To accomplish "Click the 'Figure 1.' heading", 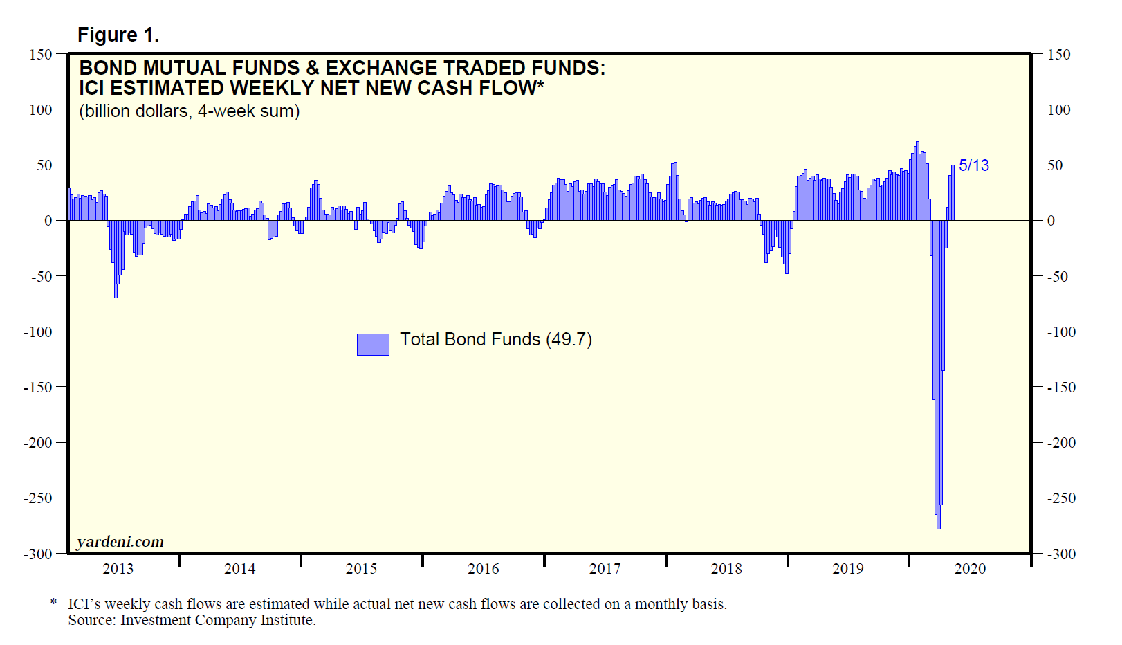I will click(118, 35).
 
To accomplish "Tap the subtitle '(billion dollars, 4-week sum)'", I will click(189, 111).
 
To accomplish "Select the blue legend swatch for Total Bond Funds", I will click(372, 344).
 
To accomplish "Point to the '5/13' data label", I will click(973, 165).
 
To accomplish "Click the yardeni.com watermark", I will click(120, 542).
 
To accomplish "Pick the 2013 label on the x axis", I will click(118, 569).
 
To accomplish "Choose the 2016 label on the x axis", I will click(483, 569).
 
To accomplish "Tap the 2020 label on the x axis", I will click(970, 569).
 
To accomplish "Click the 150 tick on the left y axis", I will click(40, 54).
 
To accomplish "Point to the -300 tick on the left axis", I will click(38, 554).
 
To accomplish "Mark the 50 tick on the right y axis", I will click(1055, 165).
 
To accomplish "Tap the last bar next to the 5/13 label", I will click(953, 193).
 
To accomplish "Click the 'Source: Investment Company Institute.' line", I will click(192, 620).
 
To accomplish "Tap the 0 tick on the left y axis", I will click(48, 221).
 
